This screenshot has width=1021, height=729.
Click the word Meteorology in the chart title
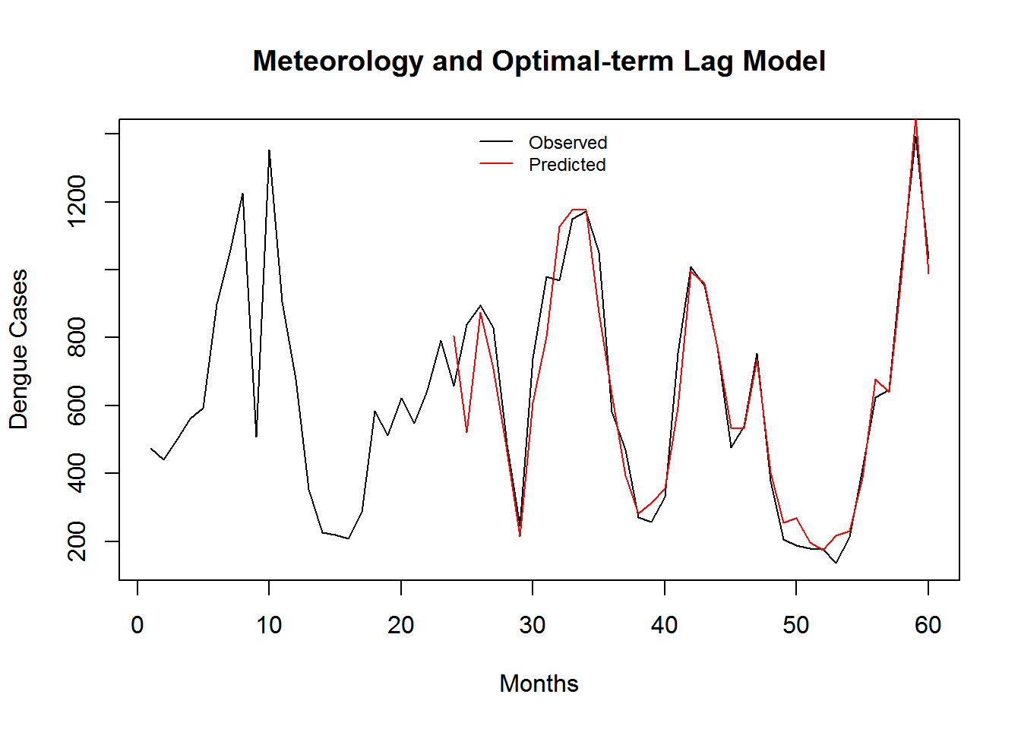tap(338, 62)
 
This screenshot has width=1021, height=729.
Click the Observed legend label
tap(567, 143)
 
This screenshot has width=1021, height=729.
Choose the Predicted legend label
tap(567, 165)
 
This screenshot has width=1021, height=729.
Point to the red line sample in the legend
tap(496, 164)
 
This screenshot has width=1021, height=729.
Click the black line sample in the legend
tap(496, 142)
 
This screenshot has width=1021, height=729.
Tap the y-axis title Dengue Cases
tap(18, 349)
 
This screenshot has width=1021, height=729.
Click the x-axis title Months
tap(539, 683)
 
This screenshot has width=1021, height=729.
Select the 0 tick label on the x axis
tap(138, 625)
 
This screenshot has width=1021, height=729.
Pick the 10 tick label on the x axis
tap(269, 625)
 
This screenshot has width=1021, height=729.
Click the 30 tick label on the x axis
tap(533, 625)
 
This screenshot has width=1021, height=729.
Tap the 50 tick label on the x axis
tap(796, 625)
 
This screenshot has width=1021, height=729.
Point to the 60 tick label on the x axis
tap(928, 625)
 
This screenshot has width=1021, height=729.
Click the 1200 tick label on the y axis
tap(77, 201)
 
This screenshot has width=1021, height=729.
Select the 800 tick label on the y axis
tap(77, 337)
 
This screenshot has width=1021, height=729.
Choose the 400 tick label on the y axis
tap(77, 472)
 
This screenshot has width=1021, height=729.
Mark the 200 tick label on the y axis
tap(77, 541)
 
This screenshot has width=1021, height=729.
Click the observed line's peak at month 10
tap(269, 150)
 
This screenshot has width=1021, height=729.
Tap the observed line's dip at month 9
tap(256, 436)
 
